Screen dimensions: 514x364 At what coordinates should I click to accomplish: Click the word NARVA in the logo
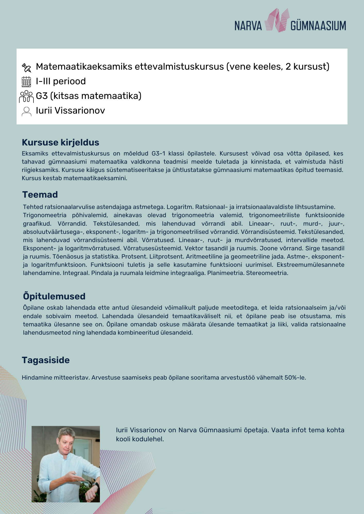click(x=248, y=26)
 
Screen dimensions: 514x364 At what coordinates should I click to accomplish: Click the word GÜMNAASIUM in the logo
click(x=318, y=26)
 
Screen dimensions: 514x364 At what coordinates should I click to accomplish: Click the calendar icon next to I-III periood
click(x=26, y=82)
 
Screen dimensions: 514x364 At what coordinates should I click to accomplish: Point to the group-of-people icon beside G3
click(x=26, y=96)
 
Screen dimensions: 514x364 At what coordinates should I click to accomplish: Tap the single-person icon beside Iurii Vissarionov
click(x=26, y=111)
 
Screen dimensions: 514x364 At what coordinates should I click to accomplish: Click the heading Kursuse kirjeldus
click(x=60, y=142)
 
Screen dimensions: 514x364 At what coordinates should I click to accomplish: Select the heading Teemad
click(x=40, y=195)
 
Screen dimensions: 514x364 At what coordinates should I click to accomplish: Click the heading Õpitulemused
click(x=54, y=296)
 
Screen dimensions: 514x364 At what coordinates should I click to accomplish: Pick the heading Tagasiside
click(x=46, y=360)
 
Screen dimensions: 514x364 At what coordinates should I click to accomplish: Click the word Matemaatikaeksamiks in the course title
click(x=84, y=67)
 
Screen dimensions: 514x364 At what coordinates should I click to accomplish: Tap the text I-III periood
click(x=61, y=81)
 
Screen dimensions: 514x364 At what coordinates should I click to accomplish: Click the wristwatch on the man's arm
click(x=96, y=485)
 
